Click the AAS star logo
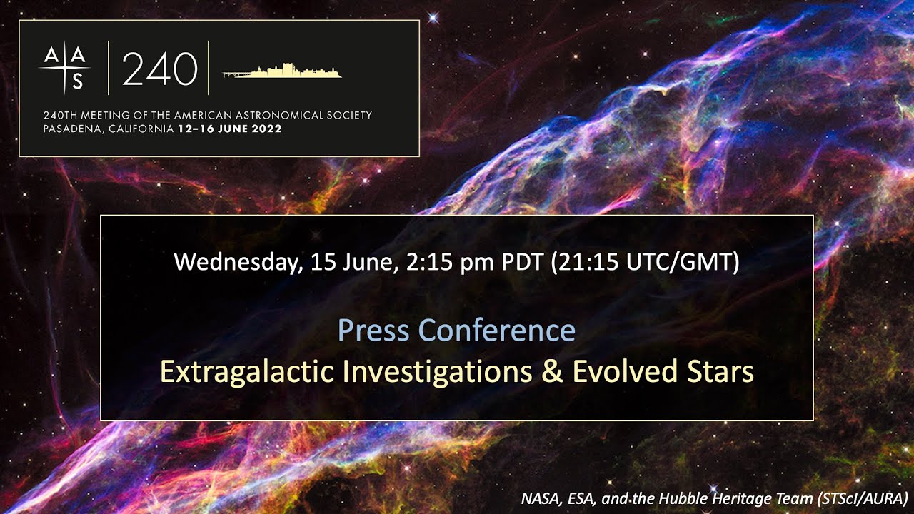[x=65, y=68]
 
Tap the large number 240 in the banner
[x=159, y=69]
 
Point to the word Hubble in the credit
[x=678, y=498]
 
